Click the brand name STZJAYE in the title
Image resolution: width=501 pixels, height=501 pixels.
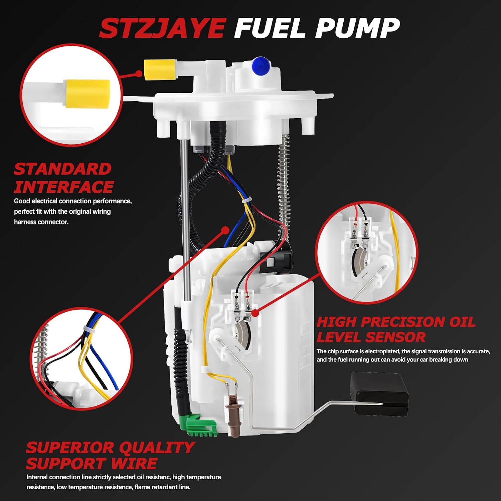click(x=163, y=28)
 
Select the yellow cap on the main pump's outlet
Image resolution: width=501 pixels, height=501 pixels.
click(x=160, y=69)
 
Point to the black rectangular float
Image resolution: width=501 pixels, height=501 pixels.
click(x=379, y=394)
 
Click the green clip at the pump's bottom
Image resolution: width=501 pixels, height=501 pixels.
click(x=198, y=425)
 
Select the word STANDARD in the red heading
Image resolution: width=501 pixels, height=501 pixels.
click(x=62, y=169)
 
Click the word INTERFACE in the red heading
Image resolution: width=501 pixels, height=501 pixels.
click(x=63, y=187)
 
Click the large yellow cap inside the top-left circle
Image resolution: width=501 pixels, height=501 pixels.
click(x=88, y=94)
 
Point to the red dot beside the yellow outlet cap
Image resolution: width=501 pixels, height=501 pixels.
click(x=139, y=73)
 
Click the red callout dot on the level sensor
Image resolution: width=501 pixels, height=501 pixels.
click(x=255, y=313)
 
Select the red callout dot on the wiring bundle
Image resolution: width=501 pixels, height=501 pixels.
click(x=225, y=230)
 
